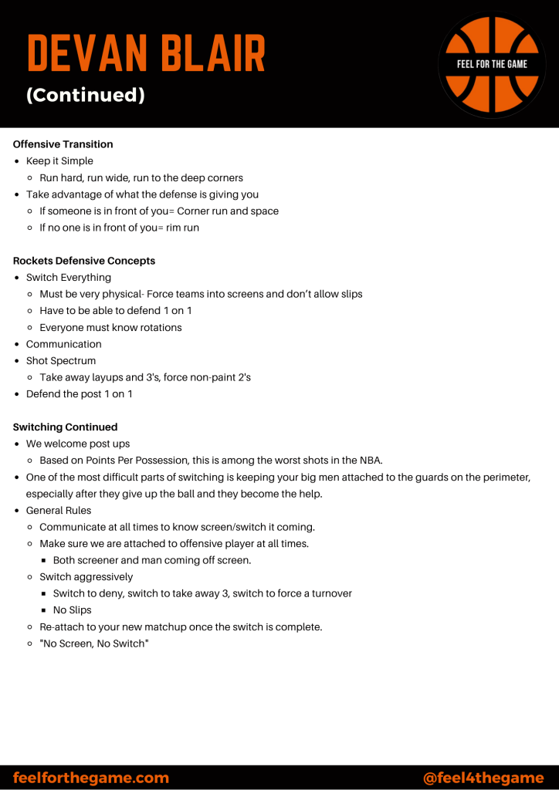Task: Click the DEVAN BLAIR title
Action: pos(146,53)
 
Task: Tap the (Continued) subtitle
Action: pos(86,95)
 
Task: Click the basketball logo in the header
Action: pos(492,65)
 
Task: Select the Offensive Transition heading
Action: pos(63,144)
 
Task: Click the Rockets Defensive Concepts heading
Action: pos(84,261)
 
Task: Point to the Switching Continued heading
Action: pos(66,427)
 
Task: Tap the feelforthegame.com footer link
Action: pos(91,778)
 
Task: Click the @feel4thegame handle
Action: pos(483,778)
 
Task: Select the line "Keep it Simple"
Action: pos(59,161)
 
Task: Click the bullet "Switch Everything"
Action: pos(69,278)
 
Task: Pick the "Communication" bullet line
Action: pos(64,344)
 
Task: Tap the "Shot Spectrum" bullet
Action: pos(61,361)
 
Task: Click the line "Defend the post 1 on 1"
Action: pos(80,394)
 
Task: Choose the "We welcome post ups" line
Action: pos(78,444)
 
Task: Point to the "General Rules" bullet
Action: pos(59,511)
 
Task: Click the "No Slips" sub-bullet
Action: pos(73,610)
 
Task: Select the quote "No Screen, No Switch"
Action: pos(94,643)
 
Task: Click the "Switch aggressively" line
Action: pos(86,577)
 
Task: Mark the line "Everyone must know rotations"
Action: pos(111,328)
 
